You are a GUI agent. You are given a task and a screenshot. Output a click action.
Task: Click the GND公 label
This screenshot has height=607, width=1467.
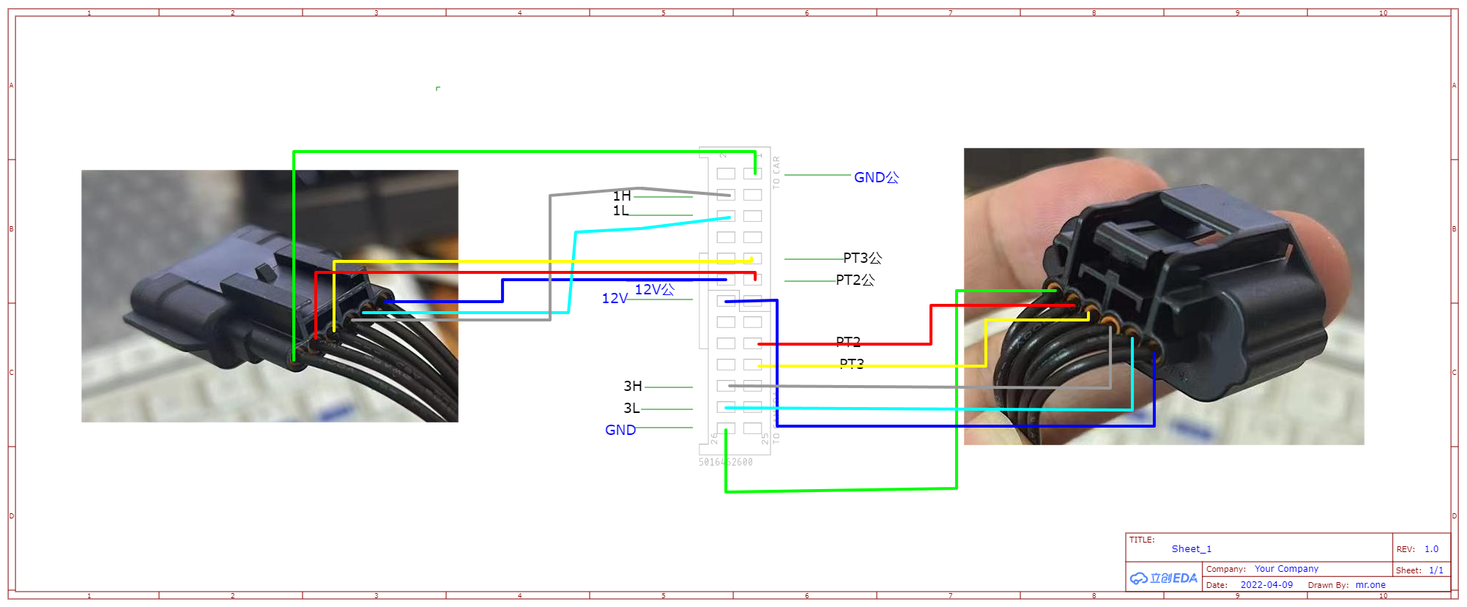click(x=876, y=178)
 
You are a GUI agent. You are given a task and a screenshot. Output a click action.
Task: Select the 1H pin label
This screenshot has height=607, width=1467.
click(x=622, y=196)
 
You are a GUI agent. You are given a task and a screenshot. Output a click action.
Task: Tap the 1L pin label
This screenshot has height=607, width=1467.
click(x=621, y=211)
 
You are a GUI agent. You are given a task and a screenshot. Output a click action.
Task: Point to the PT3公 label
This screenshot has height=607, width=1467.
click(x=862, y=258)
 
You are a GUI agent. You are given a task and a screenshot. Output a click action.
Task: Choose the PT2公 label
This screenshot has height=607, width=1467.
click(x=855, y=280)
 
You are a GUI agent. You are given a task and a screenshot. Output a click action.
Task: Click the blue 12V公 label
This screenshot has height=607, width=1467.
click(x=654, y=290)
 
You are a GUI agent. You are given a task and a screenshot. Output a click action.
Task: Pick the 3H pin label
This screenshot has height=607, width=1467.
click(x=633, y=387)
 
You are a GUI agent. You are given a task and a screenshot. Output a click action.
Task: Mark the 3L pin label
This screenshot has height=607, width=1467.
click(x=632, y=409)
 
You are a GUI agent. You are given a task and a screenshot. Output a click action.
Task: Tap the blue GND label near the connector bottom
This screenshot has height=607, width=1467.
click(x=620, y=431)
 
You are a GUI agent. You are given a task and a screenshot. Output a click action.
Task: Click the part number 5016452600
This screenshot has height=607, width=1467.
click(x=725, y=463)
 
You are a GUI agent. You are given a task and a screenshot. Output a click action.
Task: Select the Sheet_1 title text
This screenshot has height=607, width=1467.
click(x=1192, y=549)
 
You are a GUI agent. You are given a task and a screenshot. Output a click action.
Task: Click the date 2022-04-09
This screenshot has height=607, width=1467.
click(x=1266, y=585)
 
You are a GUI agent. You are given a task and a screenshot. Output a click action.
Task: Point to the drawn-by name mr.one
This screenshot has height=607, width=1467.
click(x=1370, y=585)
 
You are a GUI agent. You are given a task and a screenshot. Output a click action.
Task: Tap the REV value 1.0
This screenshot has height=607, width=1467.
click(x=1431, y=549)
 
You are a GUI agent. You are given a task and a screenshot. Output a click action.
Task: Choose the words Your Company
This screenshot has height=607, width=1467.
click(x=1286, y=569)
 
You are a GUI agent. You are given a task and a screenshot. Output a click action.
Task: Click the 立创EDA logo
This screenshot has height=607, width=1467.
click(x=1164, y=578)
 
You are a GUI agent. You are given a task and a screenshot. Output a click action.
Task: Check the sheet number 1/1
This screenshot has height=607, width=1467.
click(x=1436, y=570)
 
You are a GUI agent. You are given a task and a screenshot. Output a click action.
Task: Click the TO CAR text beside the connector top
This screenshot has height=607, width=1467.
click(x=776, y=173)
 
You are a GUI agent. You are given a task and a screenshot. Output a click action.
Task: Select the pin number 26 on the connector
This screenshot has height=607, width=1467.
click(x=714, y=439)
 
